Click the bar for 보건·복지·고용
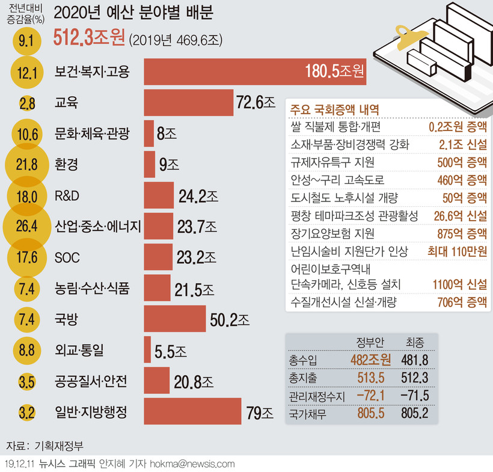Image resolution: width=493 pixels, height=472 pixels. pos(255,73)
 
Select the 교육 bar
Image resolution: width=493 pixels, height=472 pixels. pos(188,103)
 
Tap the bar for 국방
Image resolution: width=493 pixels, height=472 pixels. pos(174,319)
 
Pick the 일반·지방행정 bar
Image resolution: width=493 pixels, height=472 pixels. pos(192,412)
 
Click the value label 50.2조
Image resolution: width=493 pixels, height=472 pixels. pos(230,319)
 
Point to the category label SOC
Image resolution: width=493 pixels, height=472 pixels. pos(67,257)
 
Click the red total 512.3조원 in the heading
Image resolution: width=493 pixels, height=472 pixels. pos(89,38)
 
